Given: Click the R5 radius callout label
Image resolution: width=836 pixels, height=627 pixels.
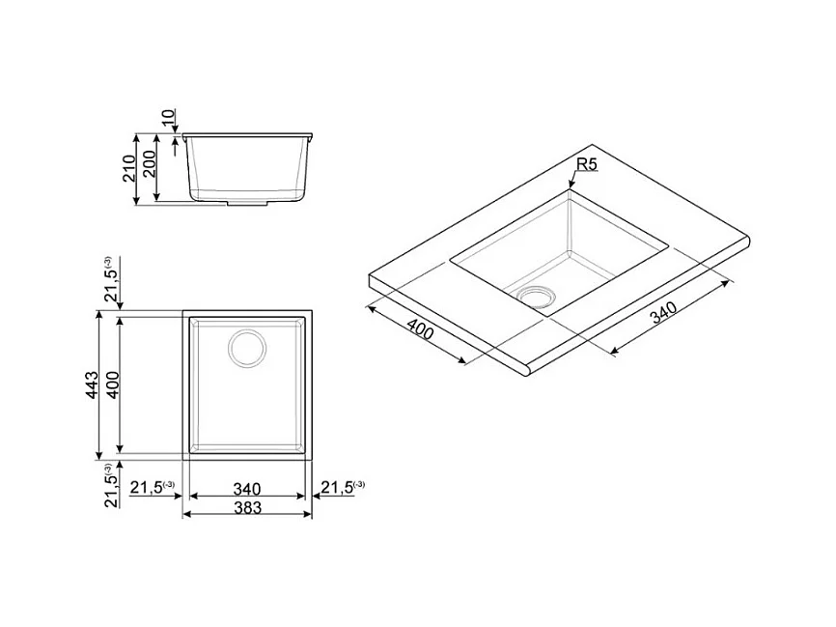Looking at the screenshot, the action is pos(587,165).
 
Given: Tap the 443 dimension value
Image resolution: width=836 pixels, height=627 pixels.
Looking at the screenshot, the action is pos(92,385).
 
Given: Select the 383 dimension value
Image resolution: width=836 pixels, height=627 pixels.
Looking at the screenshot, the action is pos(247,507).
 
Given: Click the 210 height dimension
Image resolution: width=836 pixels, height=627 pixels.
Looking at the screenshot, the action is pos(129,168).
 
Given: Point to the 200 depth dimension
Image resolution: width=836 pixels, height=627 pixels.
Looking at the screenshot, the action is pos(149,164).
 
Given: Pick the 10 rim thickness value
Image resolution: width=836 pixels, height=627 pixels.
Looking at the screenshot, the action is pos(168,118).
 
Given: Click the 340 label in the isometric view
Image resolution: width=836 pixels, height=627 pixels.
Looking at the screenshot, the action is pos(663,313).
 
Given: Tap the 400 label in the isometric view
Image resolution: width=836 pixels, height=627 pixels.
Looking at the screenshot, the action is pos(420,328).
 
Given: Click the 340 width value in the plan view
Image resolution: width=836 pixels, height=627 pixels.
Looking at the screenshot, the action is pos(247,489).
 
